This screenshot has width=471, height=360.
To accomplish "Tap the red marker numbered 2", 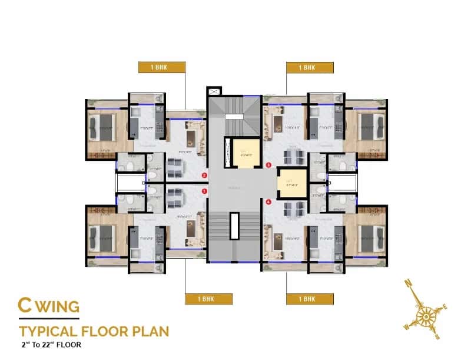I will [x=204, y=175].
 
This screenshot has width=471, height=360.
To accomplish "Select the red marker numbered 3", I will [x=268, y=166].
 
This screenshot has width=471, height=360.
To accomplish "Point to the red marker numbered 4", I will [x=268, y=202].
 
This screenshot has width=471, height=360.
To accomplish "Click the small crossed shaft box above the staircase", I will [x=213, y=92].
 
